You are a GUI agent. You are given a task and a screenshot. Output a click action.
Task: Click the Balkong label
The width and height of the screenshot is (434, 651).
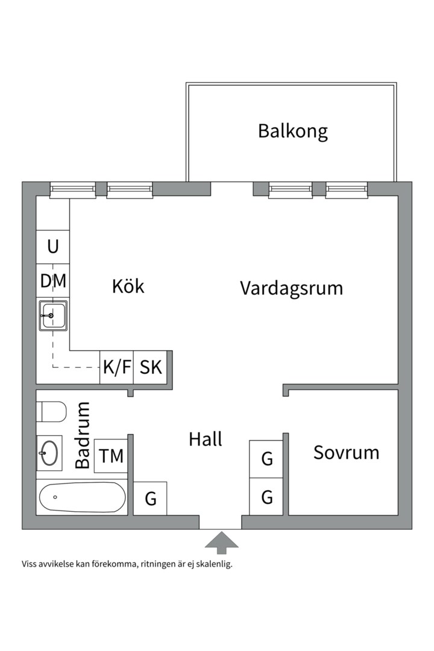click(292, 131)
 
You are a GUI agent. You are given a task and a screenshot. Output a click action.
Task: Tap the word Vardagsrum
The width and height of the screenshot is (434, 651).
click(291, 288)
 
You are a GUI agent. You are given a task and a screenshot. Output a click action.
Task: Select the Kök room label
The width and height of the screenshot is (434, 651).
click(128, 286)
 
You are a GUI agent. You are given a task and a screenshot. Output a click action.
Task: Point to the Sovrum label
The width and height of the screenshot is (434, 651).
click(346, 453)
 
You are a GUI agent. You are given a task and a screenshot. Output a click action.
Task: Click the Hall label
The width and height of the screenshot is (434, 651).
click(206, 439)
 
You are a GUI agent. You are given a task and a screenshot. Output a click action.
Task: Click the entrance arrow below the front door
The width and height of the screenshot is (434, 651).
click(221, 542)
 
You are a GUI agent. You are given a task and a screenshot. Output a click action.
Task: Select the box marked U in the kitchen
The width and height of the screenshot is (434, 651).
click(53, 247)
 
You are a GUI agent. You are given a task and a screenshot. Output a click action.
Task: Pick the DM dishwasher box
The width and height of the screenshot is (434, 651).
click(53, 281)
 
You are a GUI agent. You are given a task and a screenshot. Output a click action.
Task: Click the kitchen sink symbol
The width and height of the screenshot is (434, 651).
click(53, 315)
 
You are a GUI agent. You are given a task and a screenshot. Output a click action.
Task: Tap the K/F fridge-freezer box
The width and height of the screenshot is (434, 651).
click(116, 367)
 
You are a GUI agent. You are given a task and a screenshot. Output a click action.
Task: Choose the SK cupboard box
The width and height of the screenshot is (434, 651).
click(151, 367)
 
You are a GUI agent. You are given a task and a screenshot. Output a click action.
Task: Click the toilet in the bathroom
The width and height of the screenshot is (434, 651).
click(51, 413)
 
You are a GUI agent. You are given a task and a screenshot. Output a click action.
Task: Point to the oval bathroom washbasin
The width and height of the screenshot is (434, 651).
click(49, 453)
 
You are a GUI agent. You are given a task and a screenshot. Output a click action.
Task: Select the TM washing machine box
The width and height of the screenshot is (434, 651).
click(112, 456)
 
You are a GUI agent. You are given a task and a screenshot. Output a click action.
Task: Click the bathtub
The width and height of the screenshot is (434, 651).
click(82, 497)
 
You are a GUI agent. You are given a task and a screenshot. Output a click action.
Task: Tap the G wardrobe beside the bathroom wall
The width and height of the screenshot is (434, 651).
click(150, 498)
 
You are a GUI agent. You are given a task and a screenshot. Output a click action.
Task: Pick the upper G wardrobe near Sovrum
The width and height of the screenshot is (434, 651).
click(266, 459)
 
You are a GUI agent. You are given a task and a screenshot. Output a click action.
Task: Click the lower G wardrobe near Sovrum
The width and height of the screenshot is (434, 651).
click(266, 497)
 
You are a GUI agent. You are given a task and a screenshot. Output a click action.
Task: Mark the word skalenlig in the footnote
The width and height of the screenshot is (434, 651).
click(212, 565)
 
